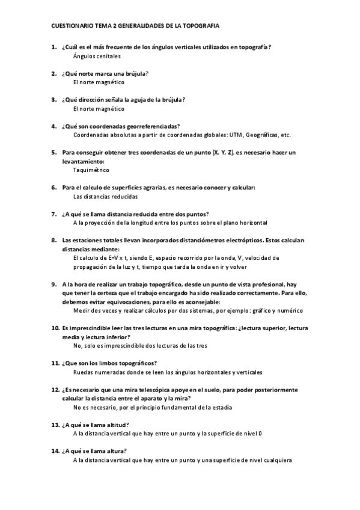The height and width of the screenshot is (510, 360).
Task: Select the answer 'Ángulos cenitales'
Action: [97, 56]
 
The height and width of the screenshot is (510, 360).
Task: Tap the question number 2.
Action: [53, 73]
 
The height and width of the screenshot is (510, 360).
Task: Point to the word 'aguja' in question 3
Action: [136, 100]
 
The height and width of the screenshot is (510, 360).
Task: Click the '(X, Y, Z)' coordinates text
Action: [222, 153]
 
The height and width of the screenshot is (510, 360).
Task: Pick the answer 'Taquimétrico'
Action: [91, 170]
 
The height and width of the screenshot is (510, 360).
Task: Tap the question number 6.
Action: [53, 188]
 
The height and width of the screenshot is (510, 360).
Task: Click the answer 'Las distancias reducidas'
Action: [105, 197]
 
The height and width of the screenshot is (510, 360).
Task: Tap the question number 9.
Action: [53, 284]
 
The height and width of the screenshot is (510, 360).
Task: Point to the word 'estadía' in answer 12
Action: [219, 407]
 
